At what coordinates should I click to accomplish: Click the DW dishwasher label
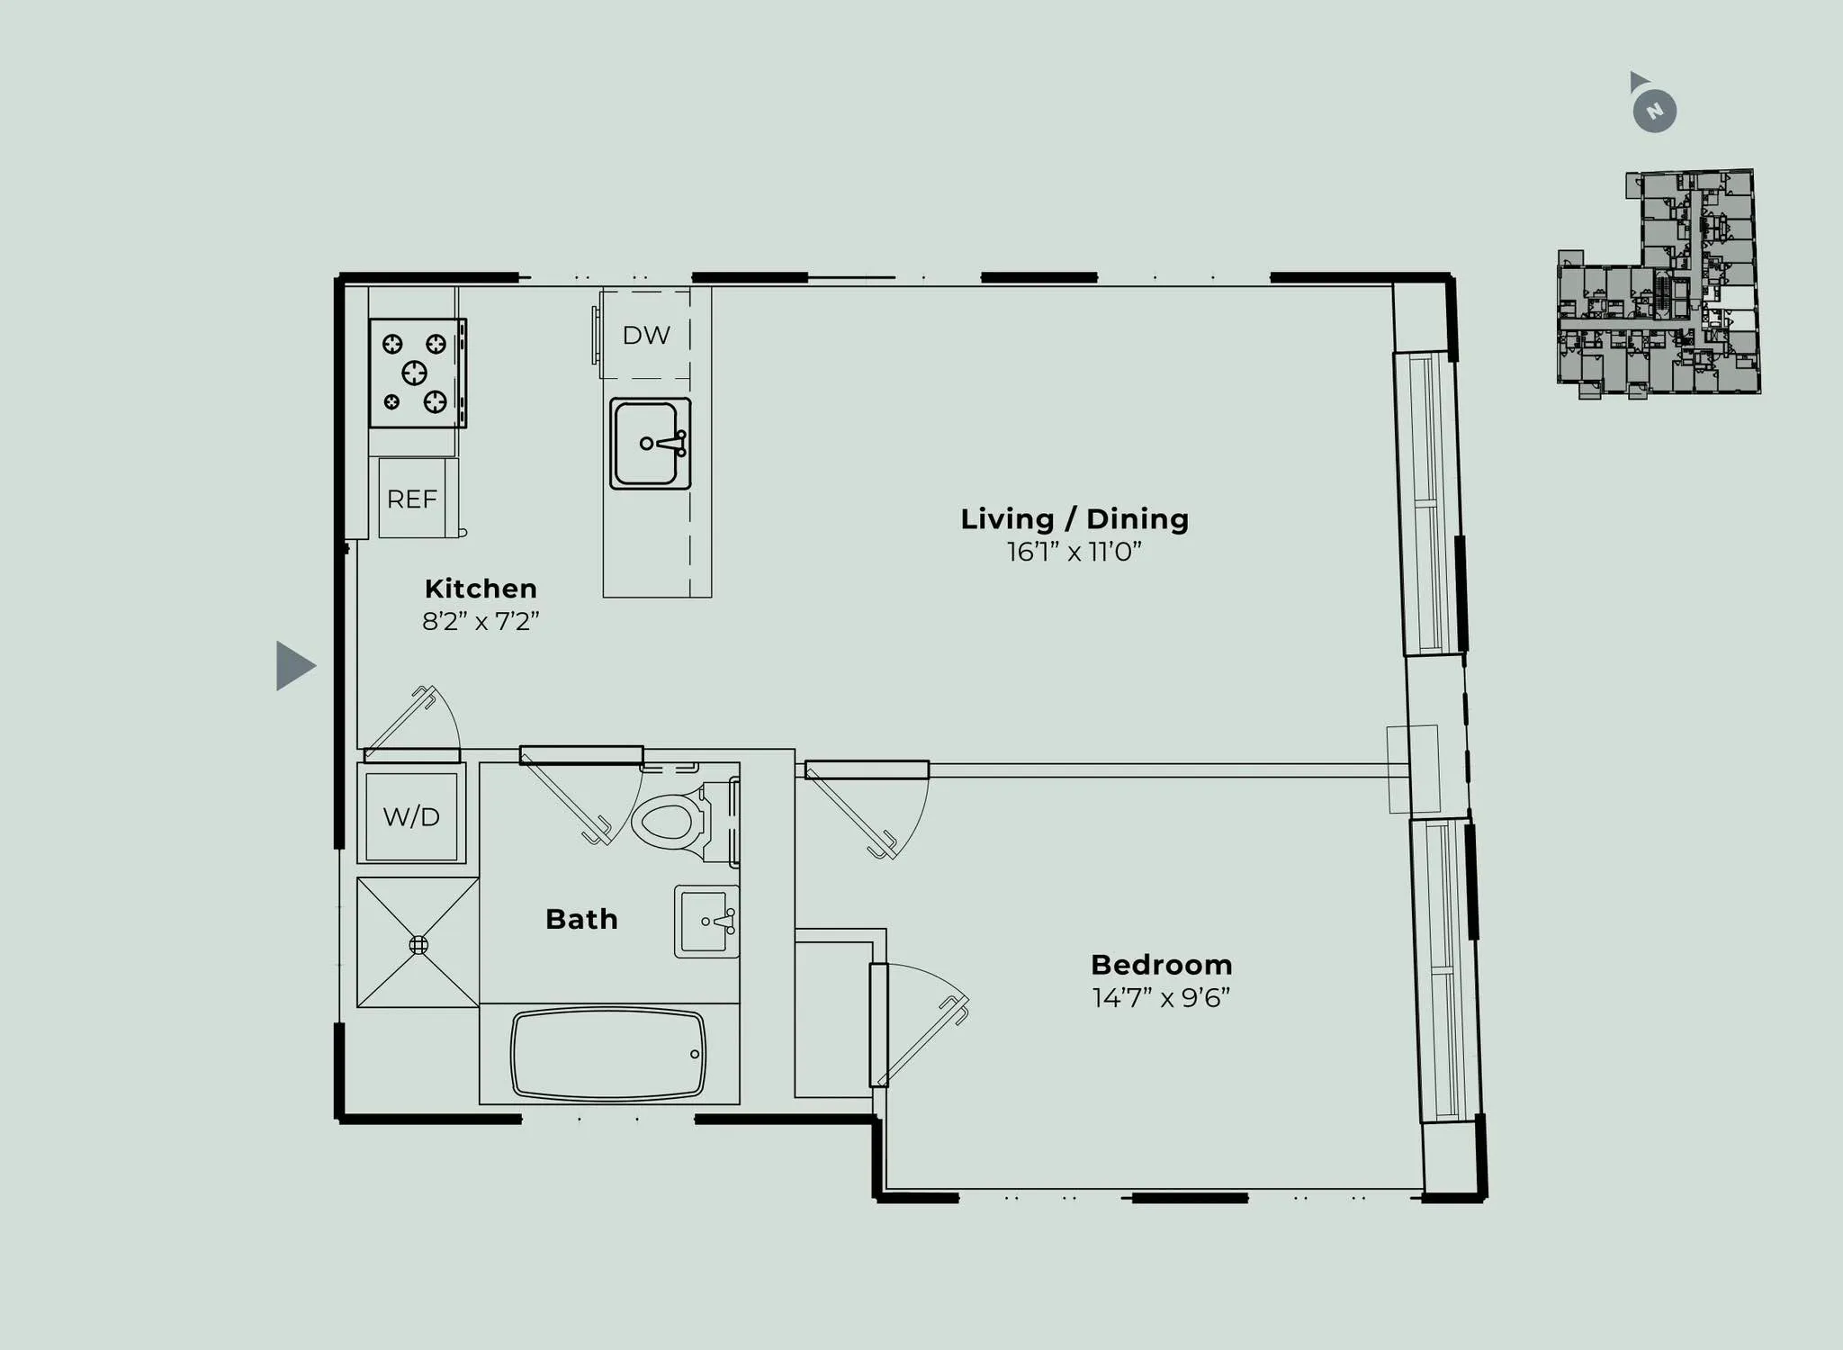(x=646, y=335)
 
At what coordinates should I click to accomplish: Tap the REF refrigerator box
(x=412, y=499)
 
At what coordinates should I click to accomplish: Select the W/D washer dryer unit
(x=411, y=815)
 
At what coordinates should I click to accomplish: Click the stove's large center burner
(x=414, y=372)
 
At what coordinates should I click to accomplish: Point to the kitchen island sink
(x=650, y=444)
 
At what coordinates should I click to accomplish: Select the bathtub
(x=608, y=1055)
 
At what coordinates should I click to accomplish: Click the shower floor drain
(x=418, y=945)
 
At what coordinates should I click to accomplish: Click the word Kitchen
(x=481, y=589)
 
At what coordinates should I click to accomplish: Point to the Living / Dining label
(x=1074, y=519)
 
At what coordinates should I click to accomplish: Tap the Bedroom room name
(x=1161, y=965)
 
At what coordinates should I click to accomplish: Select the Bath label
(x=581, y=919)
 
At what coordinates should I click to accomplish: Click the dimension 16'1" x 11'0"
(x=1074, y=552)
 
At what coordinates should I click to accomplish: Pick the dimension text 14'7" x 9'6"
(x=1161, y=998)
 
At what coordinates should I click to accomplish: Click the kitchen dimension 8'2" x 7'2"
(x=481, y=621)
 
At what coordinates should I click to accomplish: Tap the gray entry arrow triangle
(x=292, y=666)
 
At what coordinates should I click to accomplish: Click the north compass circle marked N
(x=1655, y=112)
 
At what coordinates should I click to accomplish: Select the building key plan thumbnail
(x=1658, y=283)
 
